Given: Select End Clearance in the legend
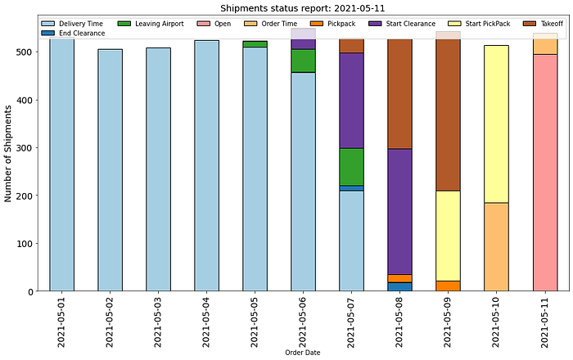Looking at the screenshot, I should (81, 34).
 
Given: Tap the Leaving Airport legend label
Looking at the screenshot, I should (165, 24).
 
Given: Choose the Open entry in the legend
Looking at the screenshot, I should (222, 24).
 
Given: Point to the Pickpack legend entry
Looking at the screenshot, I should (340, 24).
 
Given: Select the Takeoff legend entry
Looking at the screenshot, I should (551, 24).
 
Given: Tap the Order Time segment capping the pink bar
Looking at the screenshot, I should (545, 46).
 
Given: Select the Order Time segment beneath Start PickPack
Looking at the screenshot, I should (496, 246).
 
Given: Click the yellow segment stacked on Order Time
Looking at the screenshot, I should (496, 124).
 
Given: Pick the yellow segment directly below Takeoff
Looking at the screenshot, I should (448, 236).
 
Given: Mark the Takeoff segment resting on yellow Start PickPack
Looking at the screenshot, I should (448, 115).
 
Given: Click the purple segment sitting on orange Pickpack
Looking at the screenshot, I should (399, 211).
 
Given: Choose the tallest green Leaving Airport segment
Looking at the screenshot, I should (351, 167).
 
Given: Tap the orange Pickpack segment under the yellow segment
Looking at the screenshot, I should (448, 286).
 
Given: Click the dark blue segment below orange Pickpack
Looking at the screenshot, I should (399, 286).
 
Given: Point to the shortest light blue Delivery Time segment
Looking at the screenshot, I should (351, 241).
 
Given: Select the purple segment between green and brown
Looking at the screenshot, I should (351, 100).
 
